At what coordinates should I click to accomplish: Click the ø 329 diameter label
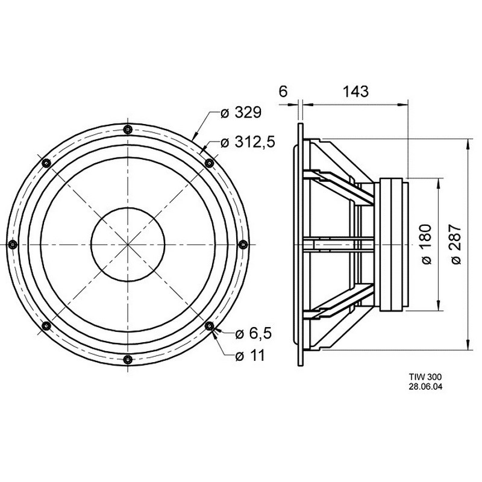[241, 113]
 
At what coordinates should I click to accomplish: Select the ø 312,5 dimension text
[248, 142]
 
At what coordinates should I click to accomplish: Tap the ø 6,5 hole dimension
[253, 334]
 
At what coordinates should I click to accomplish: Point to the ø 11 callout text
[249, 356]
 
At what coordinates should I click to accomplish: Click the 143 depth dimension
[355, 92]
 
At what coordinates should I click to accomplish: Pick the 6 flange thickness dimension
[283, 92]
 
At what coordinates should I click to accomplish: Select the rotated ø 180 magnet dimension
[426, 245]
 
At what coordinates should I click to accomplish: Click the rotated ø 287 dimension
[456, 245]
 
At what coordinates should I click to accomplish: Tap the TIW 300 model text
[425, 377]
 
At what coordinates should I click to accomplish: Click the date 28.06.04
[425, 387]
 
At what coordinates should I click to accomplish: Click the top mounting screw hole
[128, 130]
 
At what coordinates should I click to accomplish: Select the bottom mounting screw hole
[128, 359]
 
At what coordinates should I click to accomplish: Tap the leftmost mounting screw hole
[13, 245]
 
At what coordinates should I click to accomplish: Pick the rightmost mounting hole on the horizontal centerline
[243, 245]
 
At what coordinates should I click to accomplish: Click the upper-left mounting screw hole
[46, 163]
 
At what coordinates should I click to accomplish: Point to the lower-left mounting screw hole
[46, 325]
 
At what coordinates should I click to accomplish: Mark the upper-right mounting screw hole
[209, 163]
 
